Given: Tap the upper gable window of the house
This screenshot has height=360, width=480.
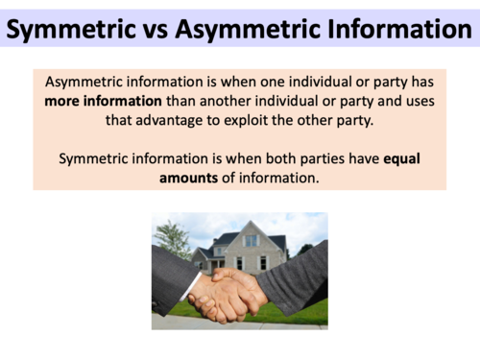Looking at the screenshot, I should coord(252,240).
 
